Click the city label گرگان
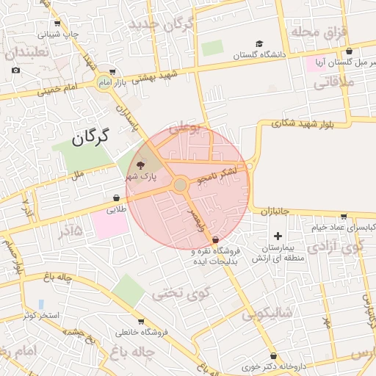(x=90, y=137)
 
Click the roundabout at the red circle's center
(x=180, y=185)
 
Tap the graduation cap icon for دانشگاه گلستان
(x=258, y=43)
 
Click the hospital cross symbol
(x=278, y=236)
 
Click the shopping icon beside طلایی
(x=117, y=198)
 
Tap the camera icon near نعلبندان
(x=16, y=70)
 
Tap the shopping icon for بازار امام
(x=112, y=73)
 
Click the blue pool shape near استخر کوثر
(x=40, y=303)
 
